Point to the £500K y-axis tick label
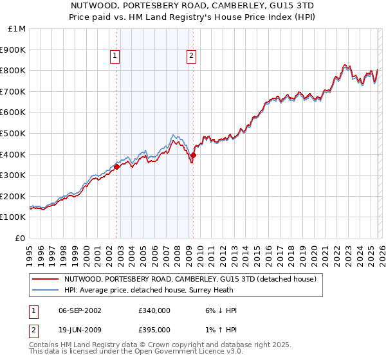pos(14,133)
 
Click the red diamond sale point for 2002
pos(116,166)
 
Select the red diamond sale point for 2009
pos(194,155)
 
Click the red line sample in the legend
pos(46,280)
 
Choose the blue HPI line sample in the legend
pos(46,291)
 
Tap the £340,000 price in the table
pos(154,310)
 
